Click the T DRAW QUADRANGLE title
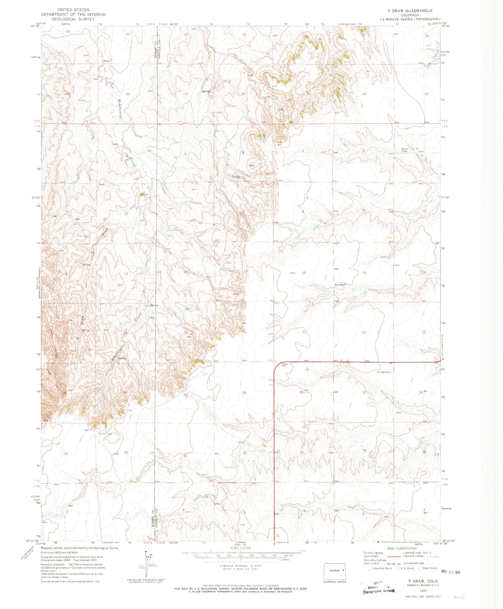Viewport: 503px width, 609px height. tap(407, 10)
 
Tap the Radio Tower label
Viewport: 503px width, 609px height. tap(404, 150)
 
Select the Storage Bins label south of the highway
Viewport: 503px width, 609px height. tap(384, 372)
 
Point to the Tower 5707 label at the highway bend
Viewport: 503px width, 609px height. tap(284, 365)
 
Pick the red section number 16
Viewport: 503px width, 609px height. tap(303, 273)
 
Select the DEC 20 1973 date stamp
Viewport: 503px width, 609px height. tap(450, 572)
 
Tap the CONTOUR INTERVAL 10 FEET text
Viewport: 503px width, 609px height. tap(240, 566)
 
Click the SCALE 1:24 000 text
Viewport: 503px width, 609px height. tap(240, 548)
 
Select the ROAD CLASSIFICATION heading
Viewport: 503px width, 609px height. tap(402, 548)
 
